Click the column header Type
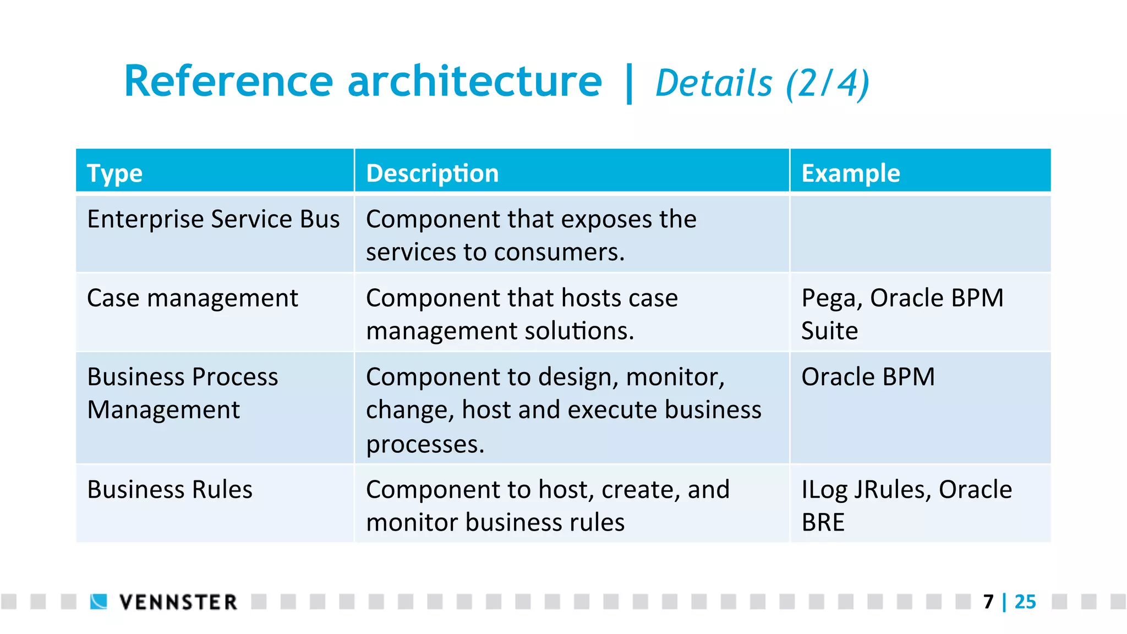(114, 174)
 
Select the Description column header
(432, 174)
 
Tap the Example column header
(850, 174)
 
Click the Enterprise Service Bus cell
(214, 220)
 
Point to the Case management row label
(192, 298)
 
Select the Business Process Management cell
(182, 393)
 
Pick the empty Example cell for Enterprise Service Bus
(920, 234)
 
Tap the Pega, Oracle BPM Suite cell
(902, 314)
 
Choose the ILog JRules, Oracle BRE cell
(906, 505)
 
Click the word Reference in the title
(228, 81)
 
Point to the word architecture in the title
(474, 81)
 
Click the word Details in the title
(714, 84)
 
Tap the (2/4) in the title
(827, 84)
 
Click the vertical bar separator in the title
(629, 84)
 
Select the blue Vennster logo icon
(99, 602)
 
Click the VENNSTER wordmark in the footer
(178, 602)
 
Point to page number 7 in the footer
(988, 602)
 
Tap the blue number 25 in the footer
(1025, 602)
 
